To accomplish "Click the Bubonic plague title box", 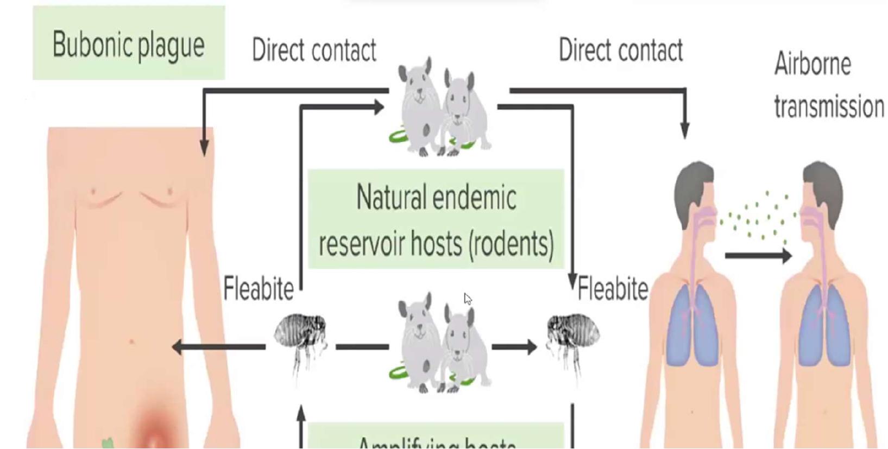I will (129, 43).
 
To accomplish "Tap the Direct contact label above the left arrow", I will (314, 50).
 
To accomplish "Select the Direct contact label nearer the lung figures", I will (620, 50).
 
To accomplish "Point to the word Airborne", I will (812, 64).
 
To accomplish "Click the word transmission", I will (829, 106).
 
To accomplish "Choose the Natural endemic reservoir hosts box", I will (436, 219).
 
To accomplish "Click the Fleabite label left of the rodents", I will (259, 288).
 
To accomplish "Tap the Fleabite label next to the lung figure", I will (613, 288).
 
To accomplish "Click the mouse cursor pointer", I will (467, 298).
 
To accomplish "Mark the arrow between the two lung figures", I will (758, 255).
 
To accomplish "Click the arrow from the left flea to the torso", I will (217, 346).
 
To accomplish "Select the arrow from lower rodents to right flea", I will (514, 346).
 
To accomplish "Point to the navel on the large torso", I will (131, 342).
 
